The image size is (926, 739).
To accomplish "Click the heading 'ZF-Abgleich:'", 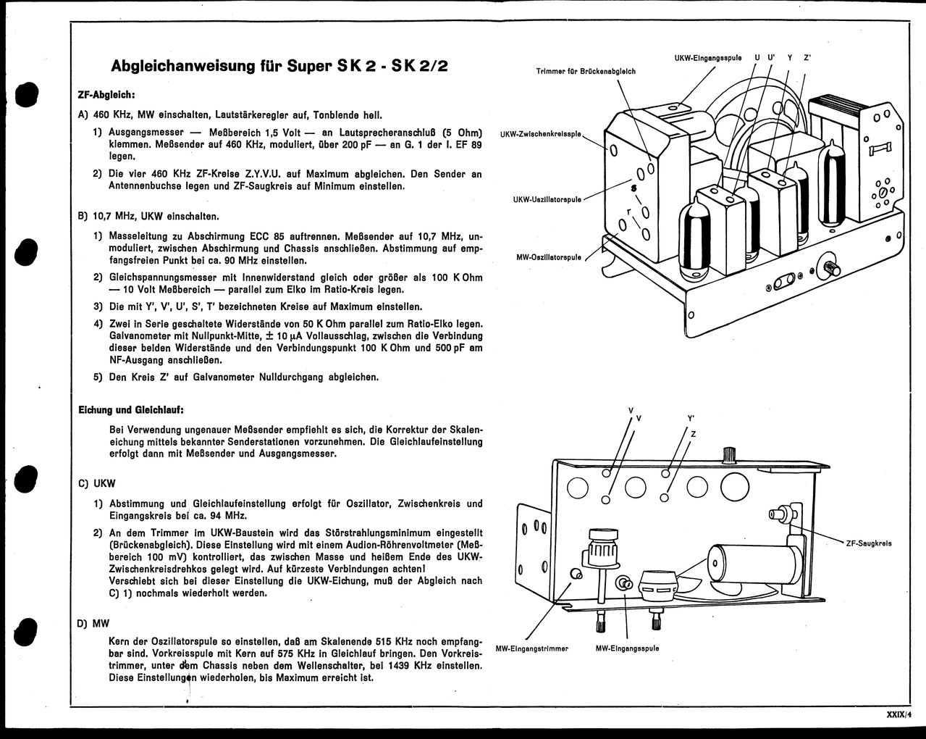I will (106, 95).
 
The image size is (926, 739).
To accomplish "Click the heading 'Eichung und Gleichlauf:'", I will (130, 410).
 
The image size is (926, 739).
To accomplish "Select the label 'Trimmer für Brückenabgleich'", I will (586, 71).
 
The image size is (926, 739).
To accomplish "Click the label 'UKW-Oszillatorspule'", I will (547, 199).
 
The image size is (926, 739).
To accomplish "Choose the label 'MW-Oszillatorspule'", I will (548, 257).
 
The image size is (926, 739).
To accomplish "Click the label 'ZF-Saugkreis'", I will (868, 543).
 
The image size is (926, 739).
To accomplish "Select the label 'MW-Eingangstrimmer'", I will (531, 648).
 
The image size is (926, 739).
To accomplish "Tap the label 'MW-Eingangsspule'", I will (627, 648).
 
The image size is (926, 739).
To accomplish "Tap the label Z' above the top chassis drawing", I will (807, 57).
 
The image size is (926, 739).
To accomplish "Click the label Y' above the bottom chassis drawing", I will (691, 419).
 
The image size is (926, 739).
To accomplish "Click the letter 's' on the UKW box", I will (634, 188).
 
